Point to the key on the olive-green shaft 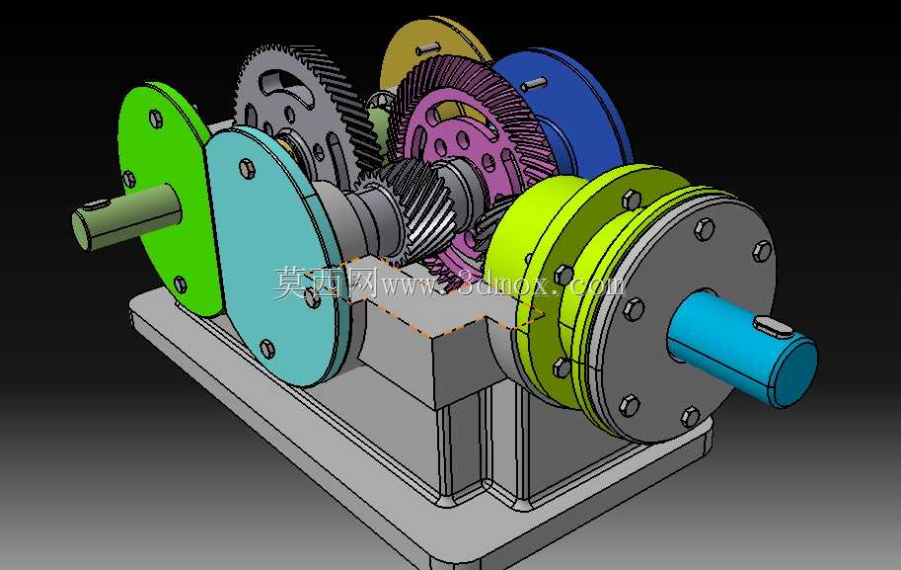pyautogui.click(x=96, y=204)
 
